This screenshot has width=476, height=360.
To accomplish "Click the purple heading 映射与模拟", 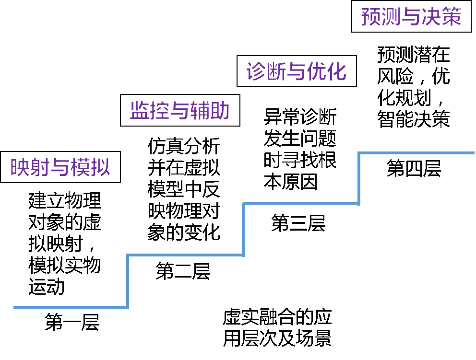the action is [60, 167].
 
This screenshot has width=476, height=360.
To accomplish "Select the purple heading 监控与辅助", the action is [180, 110].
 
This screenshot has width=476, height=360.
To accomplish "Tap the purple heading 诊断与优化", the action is [296, 71].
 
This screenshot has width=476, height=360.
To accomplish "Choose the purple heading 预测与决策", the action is [411, 16].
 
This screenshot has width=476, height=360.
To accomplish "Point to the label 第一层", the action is [72, 322].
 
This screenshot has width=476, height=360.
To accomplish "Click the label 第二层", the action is [183, 271].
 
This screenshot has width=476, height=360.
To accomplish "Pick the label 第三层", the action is [298, 223].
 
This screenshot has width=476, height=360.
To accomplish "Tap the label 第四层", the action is [414, 168].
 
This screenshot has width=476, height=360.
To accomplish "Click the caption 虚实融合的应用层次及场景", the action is [277, 327].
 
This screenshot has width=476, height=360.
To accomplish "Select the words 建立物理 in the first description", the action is [65, 200].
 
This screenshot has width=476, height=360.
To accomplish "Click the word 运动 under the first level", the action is [47, 287].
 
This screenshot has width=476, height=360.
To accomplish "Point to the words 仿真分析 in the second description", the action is [184, 146].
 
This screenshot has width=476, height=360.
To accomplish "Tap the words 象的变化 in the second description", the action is [184, 232].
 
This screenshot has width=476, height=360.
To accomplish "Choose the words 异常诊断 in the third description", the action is [300, 117].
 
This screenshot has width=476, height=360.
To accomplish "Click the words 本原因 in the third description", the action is [291, 182].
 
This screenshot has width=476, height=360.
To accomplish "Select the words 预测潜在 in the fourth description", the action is [414, 55].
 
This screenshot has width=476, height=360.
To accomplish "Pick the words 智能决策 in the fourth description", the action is [414, 119].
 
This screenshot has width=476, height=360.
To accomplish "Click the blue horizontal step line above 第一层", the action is [71, 307].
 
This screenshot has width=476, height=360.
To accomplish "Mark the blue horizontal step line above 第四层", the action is [416, 153].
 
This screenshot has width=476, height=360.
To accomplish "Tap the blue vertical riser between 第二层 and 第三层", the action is [243, 229].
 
